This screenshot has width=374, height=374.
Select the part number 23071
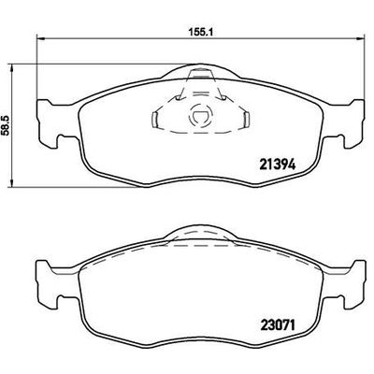[x=278, y=327]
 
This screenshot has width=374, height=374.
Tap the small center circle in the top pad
[x=199, y=119]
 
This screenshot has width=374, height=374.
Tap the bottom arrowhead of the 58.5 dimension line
[x=12, y=181]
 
